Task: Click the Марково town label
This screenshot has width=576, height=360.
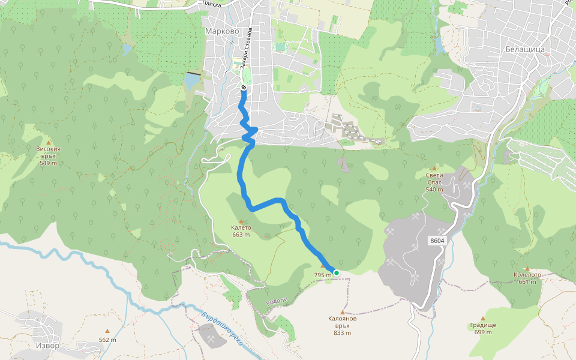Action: click(x=221, y=31)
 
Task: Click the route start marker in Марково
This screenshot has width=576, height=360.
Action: click(x=244, y=88)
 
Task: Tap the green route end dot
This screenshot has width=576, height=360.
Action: click(x=337, y=273)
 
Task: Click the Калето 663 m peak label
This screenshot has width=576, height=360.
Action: click(x=241, y=232)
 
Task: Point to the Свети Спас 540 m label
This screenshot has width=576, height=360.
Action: click(x=434, y=182)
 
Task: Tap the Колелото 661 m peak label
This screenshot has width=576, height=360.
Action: click(x=527, y=278)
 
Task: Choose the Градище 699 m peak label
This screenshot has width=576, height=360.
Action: click(x=483, y=328)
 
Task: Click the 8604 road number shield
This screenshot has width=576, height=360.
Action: click(x=437, y=241)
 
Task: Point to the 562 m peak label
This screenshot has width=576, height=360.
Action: click(x=107, y=340)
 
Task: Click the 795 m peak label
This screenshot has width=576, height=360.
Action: click(x=322, y=275)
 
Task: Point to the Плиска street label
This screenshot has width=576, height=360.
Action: click(x=212, y=4)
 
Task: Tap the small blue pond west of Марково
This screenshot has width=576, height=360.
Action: click(x=191, y=80)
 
